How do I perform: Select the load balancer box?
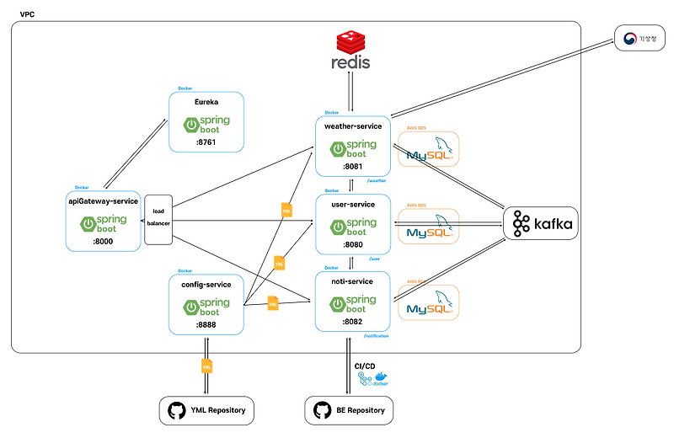coord(158,217)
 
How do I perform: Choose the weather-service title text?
coord(353,126)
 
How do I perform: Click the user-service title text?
coord(353,205)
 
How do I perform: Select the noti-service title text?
coord(353,282)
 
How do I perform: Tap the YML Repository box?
coord(206,410)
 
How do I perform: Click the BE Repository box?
coord(349,410)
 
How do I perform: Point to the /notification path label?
coord(376,336)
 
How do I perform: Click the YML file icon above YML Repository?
coord(206,366)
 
